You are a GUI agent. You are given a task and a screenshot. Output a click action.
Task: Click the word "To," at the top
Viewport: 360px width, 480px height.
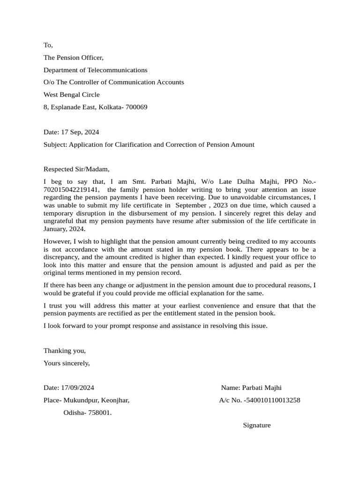click(x=48, y=45)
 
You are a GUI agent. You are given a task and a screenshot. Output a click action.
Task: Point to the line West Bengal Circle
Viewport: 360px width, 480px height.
click(x=71, y=95)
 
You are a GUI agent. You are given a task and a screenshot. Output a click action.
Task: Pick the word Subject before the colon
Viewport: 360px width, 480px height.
click(x=55, y=144)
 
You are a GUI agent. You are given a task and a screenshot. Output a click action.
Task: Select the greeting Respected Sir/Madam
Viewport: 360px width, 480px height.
click(x=76, y=169)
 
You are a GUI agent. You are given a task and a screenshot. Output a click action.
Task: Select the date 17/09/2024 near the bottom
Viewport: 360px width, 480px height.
click(x=77, y=388)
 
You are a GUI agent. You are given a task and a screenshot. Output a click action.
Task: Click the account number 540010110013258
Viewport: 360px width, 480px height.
click(x=273, y=400)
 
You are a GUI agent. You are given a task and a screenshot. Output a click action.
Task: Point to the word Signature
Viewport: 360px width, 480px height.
click(x=256, y=425)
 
